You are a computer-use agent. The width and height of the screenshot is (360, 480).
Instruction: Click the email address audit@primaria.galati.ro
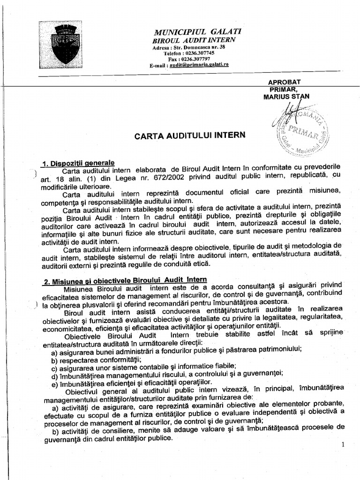tap(199, 65)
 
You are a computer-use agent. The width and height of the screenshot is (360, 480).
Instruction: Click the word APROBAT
tap(284, 82)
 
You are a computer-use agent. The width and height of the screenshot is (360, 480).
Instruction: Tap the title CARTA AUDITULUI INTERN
tap(190, 136)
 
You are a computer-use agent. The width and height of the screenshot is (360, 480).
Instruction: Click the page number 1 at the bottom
tap(343, 444)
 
